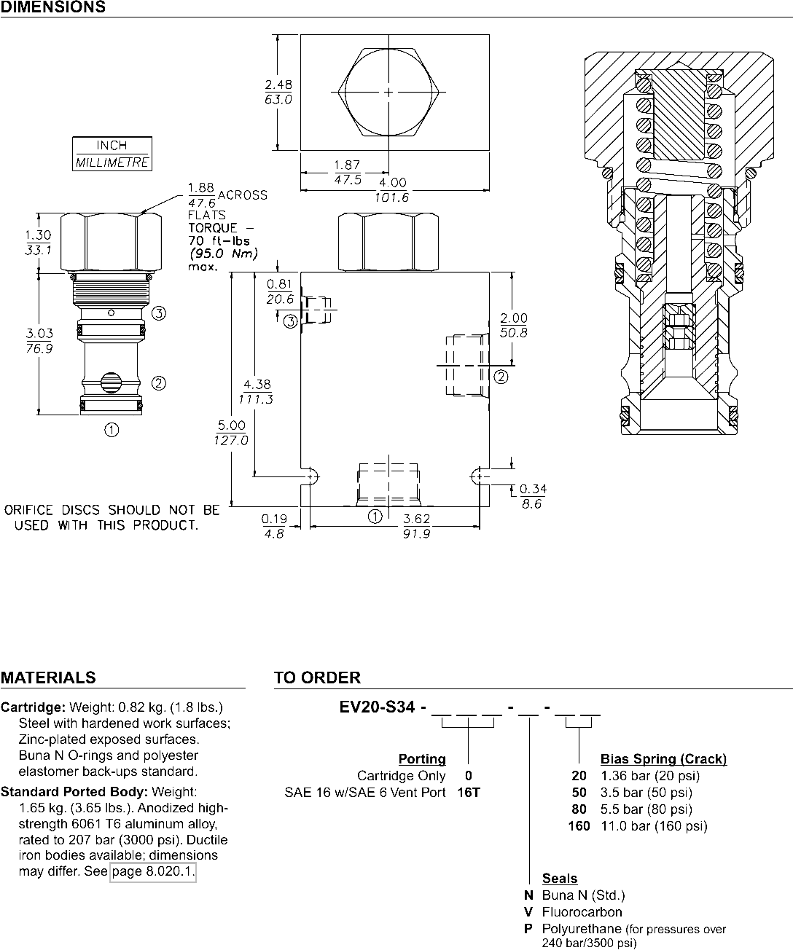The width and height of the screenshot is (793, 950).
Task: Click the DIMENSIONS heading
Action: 52,7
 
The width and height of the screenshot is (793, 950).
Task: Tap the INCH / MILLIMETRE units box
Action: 112,154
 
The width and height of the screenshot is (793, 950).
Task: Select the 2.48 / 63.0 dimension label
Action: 278,92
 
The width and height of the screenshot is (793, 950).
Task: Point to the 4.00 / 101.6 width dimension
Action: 392,190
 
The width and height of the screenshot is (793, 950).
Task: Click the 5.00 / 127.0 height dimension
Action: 231,433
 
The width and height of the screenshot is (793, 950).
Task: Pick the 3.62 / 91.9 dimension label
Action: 416,526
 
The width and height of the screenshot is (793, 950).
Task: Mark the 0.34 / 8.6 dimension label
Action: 533,496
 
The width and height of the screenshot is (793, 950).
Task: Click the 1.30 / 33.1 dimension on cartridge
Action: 38,242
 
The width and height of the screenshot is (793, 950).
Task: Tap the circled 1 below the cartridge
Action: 112,430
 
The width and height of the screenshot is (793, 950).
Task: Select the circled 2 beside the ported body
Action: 501,377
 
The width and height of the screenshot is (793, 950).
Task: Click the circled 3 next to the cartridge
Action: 158,313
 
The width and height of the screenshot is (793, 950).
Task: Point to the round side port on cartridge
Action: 111,382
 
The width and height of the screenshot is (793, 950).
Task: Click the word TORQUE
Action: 213,228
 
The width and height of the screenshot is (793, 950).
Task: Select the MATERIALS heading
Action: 48,678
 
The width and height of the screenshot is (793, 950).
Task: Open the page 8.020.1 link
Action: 153,871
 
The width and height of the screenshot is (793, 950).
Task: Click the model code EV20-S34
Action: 377,707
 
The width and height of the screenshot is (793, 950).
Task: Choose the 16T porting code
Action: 469,792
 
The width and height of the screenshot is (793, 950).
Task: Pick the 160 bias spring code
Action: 579,826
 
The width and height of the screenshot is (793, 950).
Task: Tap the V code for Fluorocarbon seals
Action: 528,912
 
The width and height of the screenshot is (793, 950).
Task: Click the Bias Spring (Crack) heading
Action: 663,759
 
